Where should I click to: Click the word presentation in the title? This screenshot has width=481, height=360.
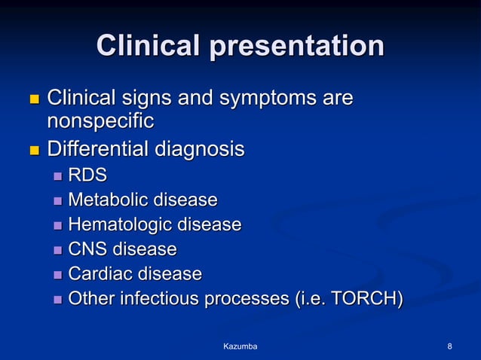(296, 47)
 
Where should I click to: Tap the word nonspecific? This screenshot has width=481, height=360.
(100, 121)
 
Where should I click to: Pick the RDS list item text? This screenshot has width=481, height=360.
(87, 176)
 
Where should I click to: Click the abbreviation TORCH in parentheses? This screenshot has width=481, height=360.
(362, 299)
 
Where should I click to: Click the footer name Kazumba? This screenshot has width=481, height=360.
(240, 346)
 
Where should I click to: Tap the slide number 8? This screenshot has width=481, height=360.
(449, 346)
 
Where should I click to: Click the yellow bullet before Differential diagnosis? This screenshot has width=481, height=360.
(32, 151)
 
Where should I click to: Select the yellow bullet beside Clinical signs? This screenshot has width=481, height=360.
(32, 99)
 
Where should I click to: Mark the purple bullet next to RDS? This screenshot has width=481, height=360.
(58, 177)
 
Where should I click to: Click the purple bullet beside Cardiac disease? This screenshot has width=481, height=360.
(58, 274)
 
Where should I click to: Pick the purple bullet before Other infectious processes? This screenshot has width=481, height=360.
(58, 299)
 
